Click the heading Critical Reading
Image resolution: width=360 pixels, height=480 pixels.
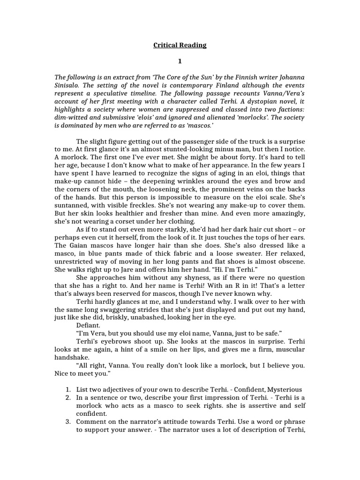coord(180,45)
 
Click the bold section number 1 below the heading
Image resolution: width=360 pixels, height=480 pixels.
coord(180,61)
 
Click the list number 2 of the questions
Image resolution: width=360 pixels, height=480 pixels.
coord(67,397)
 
